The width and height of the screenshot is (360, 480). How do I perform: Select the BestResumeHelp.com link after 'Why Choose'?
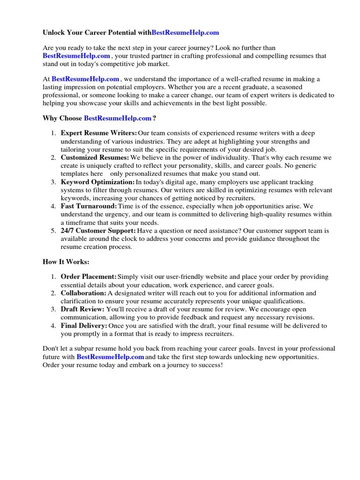[118, 119]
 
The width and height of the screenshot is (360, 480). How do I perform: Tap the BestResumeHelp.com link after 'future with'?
[110, 357]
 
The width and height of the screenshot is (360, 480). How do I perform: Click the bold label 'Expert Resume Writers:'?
[99, 134]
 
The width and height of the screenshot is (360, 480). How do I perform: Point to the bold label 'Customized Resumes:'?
[95, 157]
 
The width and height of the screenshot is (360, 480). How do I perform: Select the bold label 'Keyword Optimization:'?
[97, 181]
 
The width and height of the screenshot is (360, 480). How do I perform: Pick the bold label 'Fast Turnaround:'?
[89, 206]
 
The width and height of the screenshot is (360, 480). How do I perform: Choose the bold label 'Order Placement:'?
[89, 277]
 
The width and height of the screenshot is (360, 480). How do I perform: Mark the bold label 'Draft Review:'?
[82, 309]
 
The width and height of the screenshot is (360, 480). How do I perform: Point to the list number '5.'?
[53, 231]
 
